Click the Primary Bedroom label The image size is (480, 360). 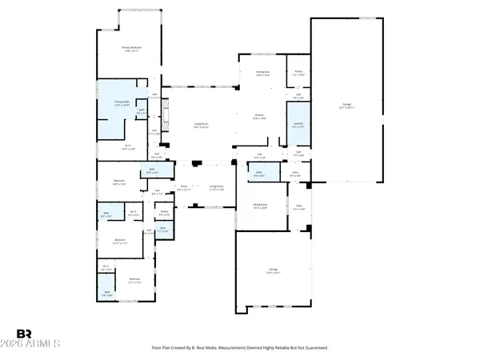coord(132,50)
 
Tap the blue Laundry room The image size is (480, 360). coord(298,126)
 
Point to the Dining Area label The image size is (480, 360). coord(262,73)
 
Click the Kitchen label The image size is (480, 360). coord(259,117)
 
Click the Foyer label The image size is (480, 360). coord(183,187)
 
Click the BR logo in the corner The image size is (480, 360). coord(24,334)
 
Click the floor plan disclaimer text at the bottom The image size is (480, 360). coord(240,347)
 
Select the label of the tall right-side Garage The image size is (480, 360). coord(346,106)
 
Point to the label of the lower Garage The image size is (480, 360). coord(272,272)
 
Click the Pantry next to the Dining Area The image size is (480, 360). coord(298,73)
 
